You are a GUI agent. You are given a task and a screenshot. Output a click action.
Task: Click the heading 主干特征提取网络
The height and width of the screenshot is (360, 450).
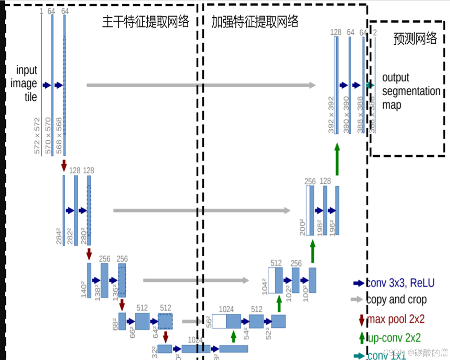click(145, 22)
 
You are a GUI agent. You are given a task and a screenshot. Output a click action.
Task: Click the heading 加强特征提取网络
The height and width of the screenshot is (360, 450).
click(255, 22)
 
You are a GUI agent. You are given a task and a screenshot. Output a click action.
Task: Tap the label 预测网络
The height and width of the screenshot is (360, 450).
click(415, 38)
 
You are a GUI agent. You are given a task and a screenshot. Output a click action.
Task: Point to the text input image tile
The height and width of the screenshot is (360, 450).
click(26, 83)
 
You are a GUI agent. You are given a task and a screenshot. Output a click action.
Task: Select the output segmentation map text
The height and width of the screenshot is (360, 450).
click(410, 91)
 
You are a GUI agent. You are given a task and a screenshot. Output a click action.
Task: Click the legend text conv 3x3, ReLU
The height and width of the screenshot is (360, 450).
click(400, 283)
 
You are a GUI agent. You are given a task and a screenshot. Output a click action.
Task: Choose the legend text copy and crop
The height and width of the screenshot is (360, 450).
click(396, 300)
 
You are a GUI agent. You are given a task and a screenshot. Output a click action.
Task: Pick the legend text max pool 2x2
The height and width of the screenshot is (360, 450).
click(396, 319)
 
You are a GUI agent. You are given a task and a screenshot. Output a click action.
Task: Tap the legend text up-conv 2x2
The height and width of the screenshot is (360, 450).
click(394, 337)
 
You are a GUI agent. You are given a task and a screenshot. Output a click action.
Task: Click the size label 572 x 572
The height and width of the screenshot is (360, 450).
click(37, 136)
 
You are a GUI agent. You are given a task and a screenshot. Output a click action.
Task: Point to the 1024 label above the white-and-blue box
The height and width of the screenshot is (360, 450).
click(226, 309)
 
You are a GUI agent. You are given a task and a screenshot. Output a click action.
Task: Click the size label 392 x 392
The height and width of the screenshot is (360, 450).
click(331, 115)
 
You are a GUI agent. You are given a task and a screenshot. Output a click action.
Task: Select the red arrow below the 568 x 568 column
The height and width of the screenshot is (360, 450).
click(64, 165)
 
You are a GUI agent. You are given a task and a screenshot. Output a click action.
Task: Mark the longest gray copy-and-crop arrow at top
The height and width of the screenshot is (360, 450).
click(201, 85)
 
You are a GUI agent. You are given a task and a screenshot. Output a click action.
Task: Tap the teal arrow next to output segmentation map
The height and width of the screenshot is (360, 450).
click(370, 85)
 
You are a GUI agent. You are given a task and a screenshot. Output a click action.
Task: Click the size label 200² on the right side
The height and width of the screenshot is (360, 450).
click(302, 227)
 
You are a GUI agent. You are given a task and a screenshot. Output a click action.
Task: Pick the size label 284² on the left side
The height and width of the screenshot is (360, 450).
click(59, 236)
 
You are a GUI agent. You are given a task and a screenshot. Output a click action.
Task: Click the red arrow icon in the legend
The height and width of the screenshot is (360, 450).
click(362, 319)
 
